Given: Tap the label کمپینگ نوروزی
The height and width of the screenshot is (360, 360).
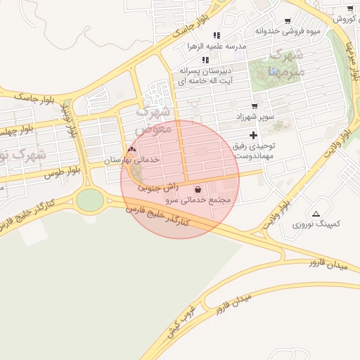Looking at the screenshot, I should point(316,224).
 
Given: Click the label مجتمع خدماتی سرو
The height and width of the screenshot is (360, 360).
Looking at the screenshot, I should point(198,200).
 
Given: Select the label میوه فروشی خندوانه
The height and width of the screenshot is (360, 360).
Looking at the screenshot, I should point(287,31).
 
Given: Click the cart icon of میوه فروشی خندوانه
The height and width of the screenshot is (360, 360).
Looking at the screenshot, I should point(287,21).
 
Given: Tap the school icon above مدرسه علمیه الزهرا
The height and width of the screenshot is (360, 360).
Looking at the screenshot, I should point(217,35).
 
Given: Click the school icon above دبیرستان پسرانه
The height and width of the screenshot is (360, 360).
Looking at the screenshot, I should point(205,60).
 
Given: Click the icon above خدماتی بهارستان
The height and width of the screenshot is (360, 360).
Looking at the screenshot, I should point(131,150).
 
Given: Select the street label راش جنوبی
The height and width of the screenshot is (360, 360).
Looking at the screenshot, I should point(158,188).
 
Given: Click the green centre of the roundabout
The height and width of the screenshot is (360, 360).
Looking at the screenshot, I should point(89,200).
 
